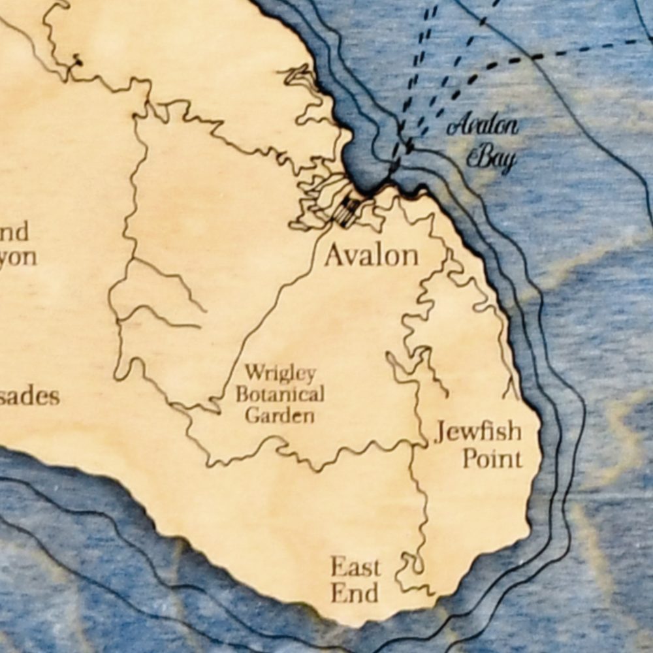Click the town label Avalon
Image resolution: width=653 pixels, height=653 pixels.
pos(371,255)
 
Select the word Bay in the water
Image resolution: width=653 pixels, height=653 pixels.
pos(492,157)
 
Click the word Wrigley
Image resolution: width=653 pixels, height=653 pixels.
pos(280,374)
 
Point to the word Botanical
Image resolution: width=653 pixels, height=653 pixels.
pos(279,394)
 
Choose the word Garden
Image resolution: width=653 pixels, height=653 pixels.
pos(279,415)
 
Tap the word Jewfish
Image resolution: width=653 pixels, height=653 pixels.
pos(479,432)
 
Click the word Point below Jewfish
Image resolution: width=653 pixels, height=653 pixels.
pos(492,458)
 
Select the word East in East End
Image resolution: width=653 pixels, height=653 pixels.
pos(355,567)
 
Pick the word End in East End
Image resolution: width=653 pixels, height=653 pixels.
pos(354,593)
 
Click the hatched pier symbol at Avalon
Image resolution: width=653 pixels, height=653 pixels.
pos(347,211)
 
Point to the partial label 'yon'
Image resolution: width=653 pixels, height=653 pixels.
pos(18,257)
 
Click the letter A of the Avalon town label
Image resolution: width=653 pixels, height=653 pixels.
pos(334,255)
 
